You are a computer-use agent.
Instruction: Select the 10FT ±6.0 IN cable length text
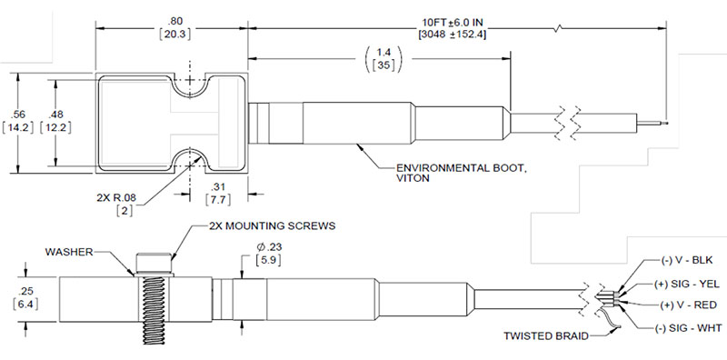click(452, 22)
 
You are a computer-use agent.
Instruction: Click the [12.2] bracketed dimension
click(56, 127)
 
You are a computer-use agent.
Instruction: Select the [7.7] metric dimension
click(218, 199)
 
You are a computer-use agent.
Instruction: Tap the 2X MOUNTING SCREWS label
click(271, 226)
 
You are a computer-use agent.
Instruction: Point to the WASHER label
click(69, 252)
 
